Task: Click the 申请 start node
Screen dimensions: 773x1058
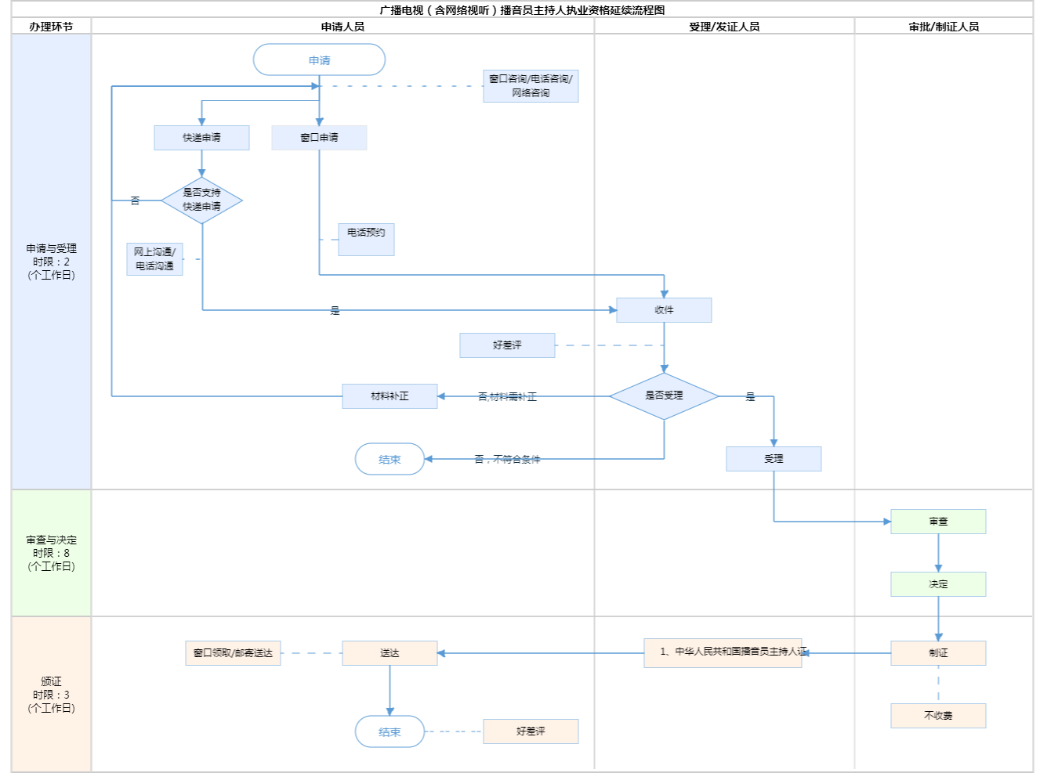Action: (319, 60)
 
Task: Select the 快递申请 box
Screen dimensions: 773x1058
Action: (201, 138)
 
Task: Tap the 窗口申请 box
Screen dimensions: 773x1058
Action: (319, 138)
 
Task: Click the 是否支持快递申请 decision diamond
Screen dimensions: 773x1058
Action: (201, 200)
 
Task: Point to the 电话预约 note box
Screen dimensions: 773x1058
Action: (366, 239)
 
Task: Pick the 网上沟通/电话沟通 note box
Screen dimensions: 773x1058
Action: (154, 259)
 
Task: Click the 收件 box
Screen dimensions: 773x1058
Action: (664, 310)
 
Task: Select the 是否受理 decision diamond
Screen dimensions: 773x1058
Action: (664, 396)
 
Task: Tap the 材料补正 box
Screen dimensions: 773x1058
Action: (390, 396)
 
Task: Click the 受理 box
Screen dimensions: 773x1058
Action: (774, 459)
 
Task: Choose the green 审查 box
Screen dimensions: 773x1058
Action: (938, 522)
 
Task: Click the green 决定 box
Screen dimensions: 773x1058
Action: (938, 584)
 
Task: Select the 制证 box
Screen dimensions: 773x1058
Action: (938, 653)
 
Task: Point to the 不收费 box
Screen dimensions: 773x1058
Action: (938, 716)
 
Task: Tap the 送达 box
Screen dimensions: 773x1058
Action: (390, 653)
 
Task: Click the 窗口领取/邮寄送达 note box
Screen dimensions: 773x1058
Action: (233, 653)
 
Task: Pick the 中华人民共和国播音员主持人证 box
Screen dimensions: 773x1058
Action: (723, 652)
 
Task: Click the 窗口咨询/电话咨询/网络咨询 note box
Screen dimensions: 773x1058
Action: (531, 86)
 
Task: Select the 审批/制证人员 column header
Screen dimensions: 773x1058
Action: (944, 27)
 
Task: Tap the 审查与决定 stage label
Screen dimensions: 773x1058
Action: (51, 553)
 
